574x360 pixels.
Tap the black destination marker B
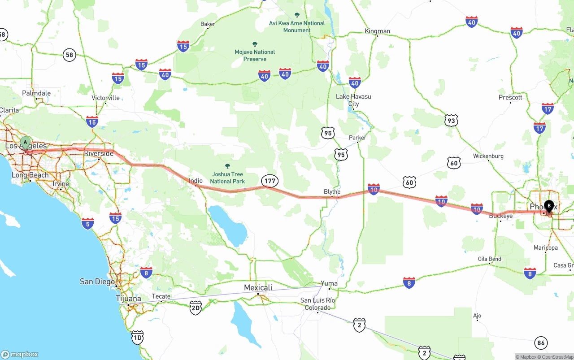coord(549,206)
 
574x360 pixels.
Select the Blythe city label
coord(332,192)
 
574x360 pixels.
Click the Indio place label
coord(196,181)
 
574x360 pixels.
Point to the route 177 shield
coord(270,181)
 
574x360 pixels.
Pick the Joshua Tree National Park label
coord(227,178)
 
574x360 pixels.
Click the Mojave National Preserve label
coord(255,55)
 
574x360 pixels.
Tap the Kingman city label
coord(377,31)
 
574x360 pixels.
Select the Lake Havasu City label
coord(353,100)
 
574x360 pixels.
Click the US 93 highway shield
coord(452,120)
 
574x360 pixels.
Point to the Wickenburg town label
coord(488,156)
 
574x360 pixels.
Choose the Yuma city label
coord(329,283)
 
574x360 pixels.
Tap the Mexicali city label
coord(258,287)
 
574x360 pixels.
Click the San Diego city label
coord(97,282)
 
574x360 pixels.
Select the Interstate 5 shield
coord(88,223)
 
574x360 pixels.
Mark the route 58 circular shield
coord(69,55)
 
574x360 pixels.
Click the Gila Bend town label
coord(489,259)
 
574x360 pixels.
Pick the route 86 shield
coord(541,343)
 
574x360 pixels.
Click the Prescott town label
coord(510,97)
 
